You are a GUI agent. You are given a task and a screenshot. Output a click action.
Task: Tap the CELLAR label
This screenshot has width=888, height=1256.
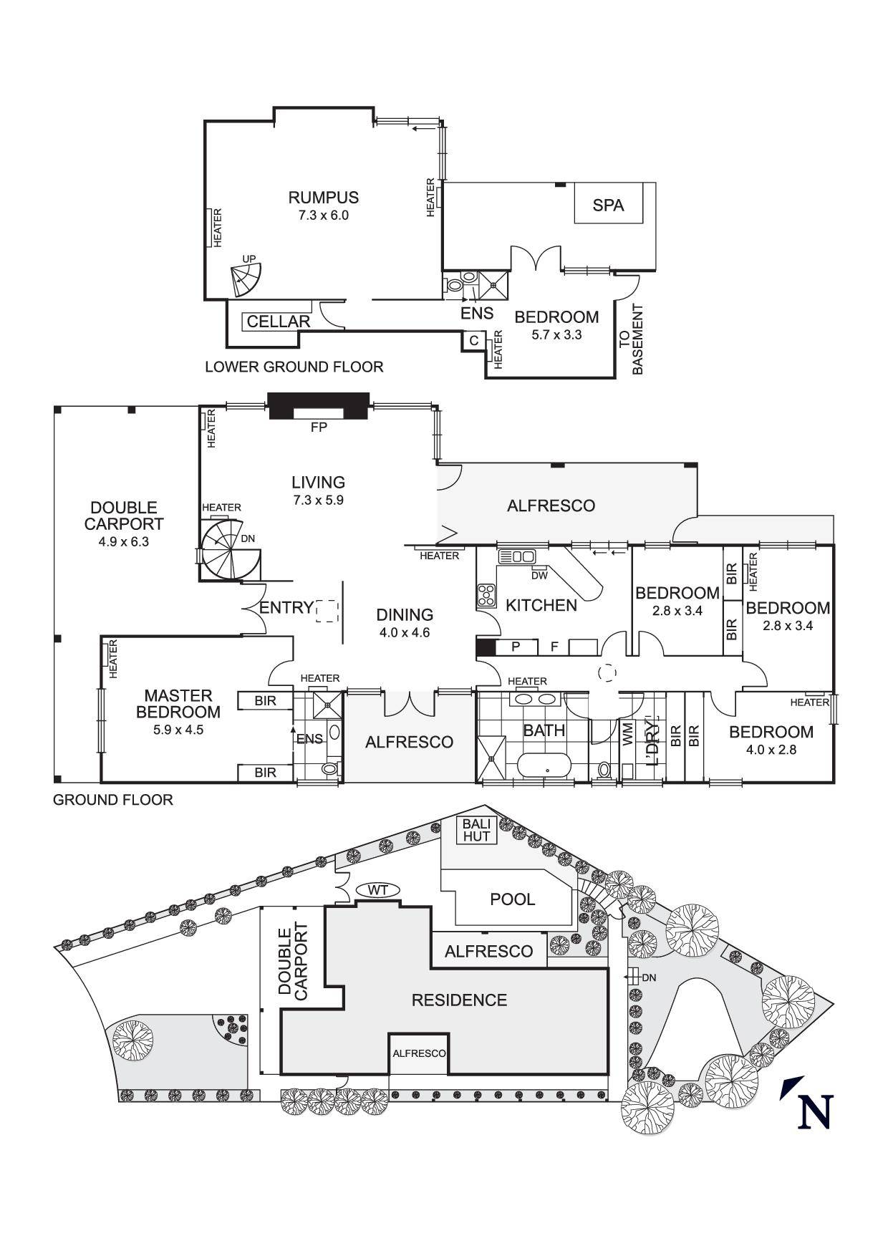point(279,322)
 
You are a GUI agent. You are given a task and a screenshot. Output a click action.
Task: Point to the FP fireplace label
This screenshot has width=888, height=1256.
point(319,427)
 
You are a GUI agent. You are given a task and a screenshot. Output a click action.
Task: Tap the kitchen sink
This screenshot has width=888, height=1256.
point(516,556)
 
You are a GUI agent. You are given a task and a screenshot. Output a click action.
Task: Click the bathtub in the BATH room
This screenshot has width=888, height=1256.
point(546,765)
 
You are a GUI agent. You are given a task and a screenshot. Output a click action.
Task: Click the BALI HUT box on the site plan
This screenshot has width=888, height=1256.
point(476,831)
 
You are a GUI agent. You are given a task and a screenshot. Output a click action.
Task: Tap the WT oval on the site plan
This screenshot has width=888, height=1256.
point(377,890)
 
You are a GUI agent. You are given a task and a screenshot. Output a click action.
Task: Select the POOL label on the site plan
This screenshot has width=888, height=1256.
point(513,899)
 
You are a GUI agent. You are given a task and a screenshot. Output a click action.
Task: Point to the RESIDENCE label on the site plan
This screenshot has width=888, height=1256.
point(459,1000)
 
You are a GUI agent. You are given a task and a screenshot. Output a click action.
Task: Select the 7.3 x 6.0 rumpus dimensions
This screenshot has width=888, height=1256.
point(324,215)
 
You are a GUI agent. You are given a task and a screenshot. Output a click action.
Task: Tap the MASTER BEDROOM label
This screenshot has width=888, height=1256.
point(178,703)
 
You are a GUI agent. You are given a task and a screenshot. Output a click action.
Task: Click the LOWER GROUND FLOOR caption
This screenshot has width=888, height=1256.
point(294,367)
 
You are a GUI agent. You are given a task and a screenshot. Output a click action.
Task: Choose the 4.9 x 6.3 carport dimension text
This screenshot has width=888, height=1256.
point(124,541)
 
